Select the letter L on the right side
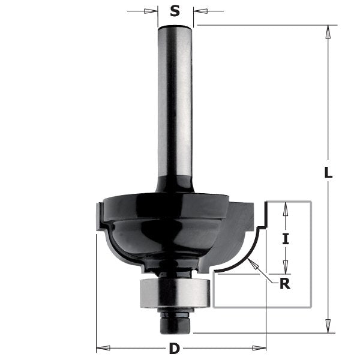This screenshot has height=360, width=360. coord(328,173)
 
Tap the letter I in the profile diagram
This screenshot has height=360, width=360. coord(286,239)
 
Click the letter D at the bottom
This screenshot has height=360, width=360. coord(175,347)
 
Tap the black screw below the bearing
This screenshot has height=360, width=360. coord(175,322)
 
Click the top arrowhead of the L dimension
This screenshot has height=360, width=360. coord(328,30)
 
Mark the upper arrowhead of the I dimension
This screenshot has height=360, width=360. coord(286,208)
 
